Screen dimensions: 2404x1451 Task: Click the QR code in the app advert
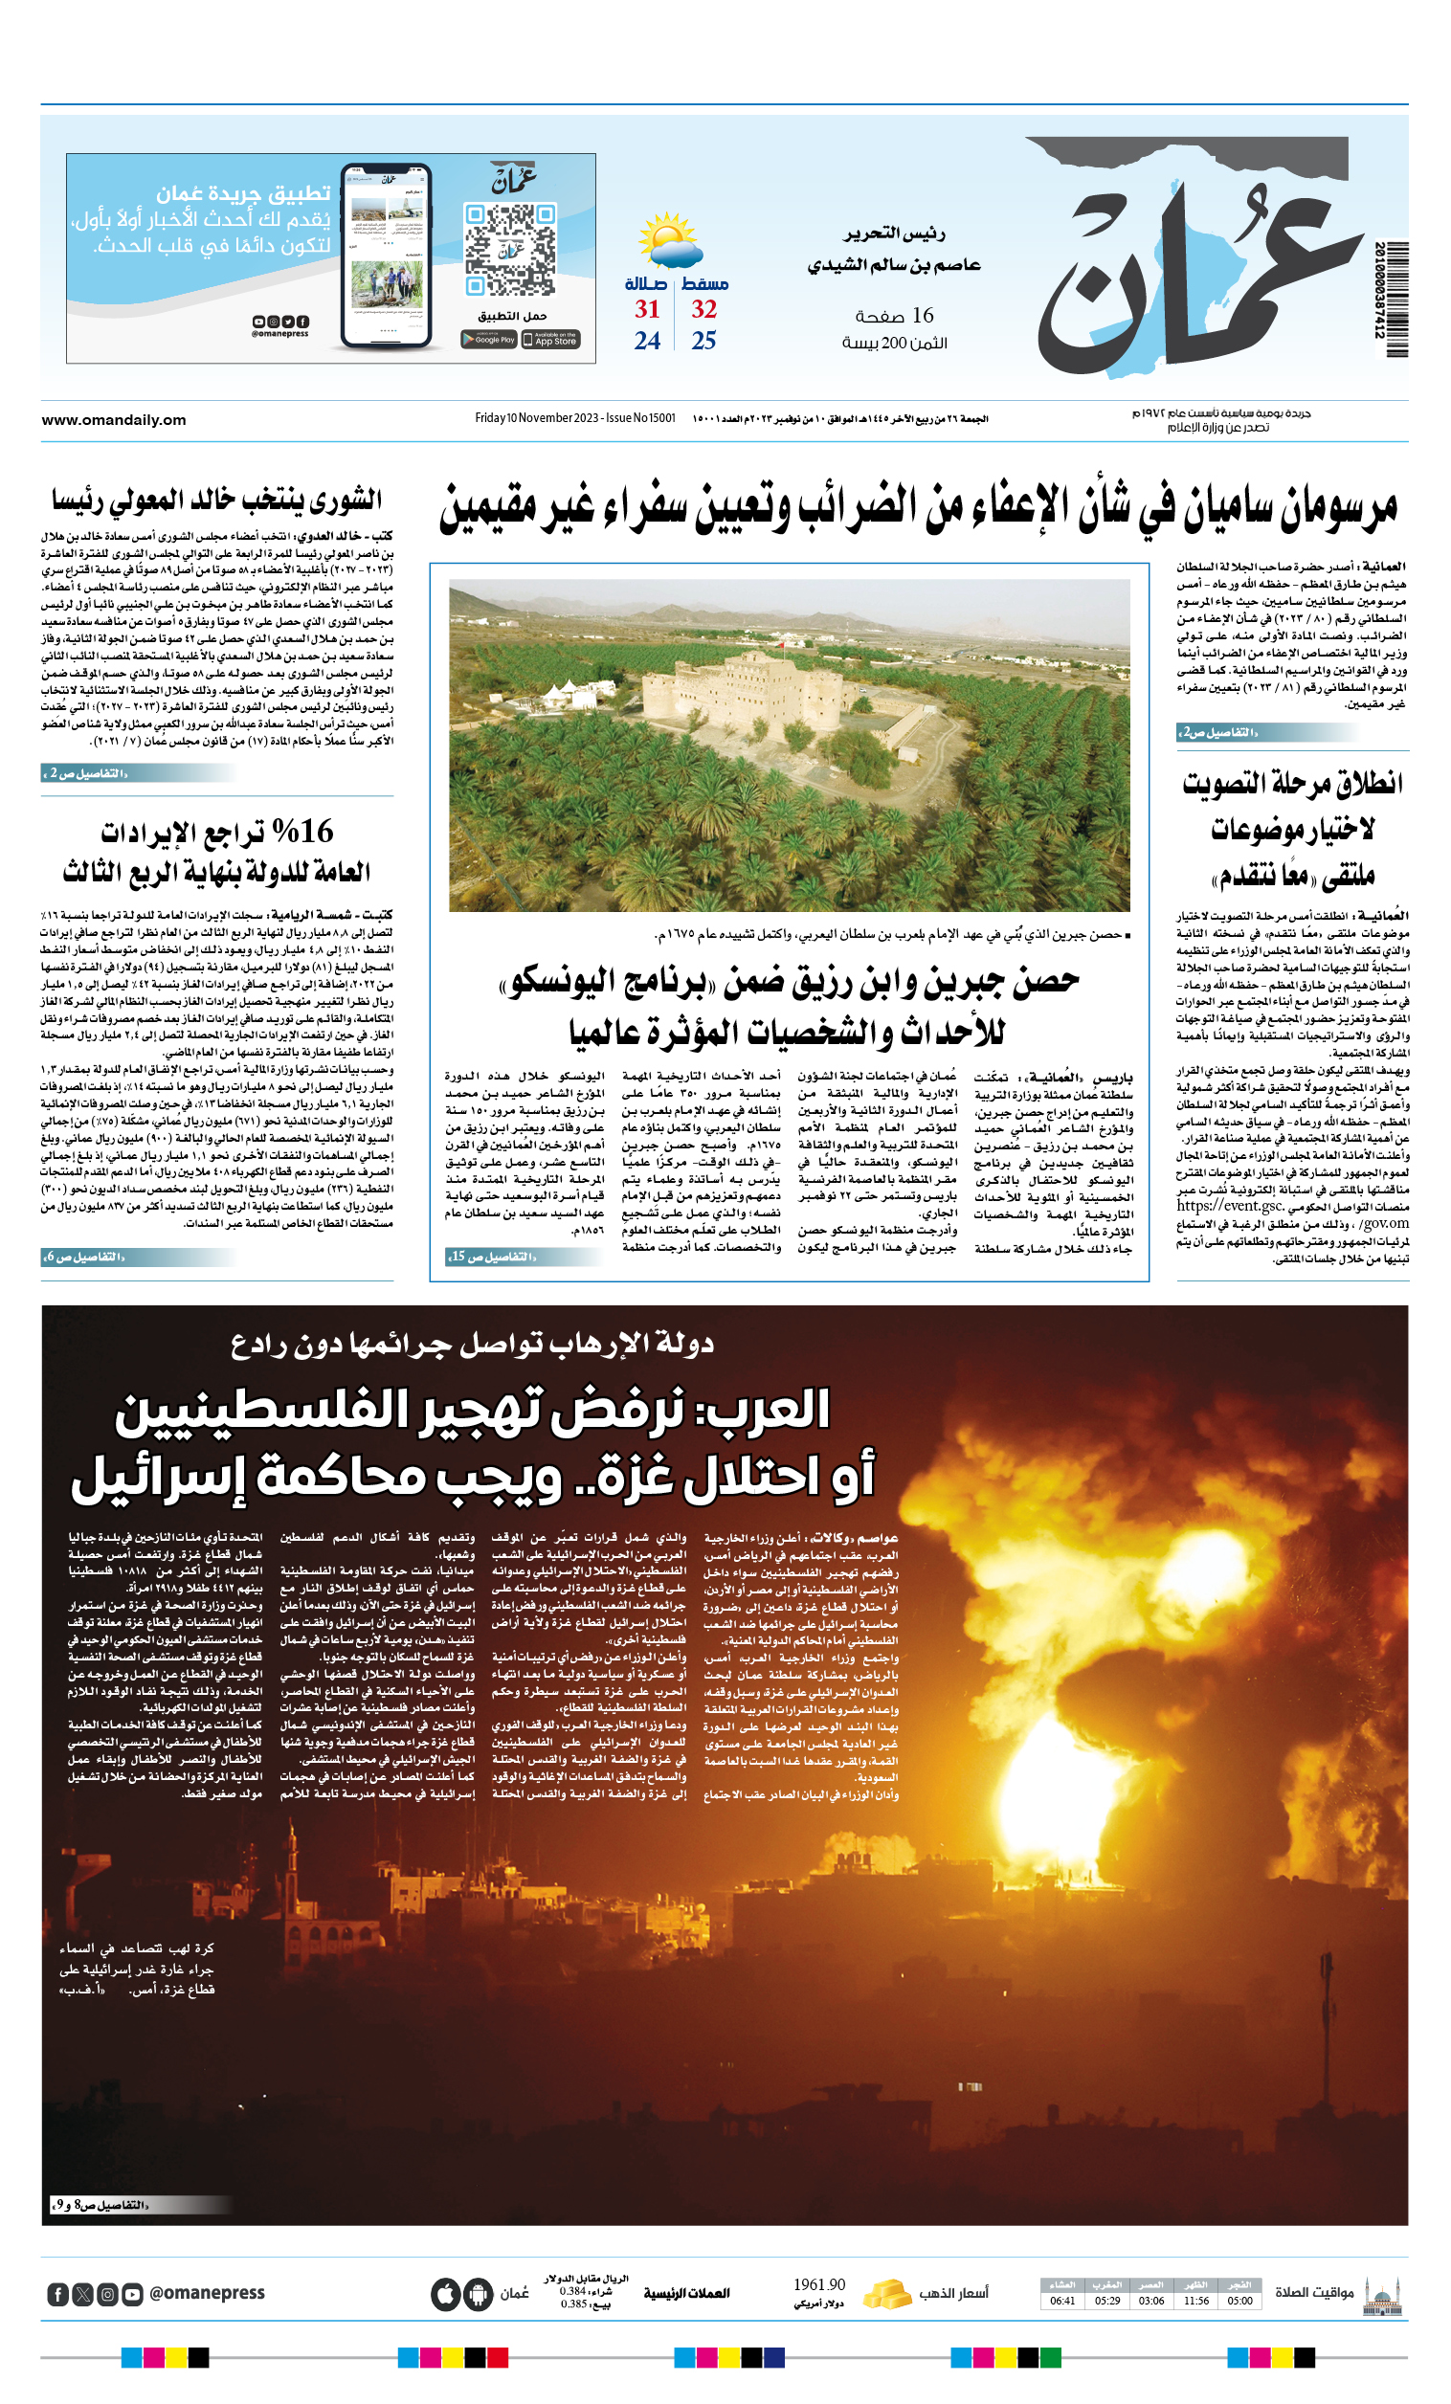click(x=509, y=249)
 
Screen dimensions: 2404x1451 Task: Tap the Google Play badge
click(x=489, y=340)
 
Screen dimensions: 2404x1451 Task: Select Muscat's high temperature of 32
click(x=703, y=309)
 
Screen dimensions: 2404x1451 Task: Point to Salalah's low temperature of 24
click(x=647, y=341)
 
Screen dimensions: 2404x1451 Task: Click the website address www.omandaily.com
click(x=113, y=420)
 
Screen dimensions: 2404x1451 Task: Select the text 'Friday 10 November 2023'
click(x=537, y=418)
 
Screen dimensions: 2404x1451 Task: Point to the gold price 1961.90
click(x=818, y=2285)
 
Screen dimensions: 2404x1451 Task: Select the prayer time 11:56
click(x=1195, y=2301)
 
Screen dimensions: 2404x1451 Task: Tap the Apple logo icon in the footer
click(x=446, y=2294)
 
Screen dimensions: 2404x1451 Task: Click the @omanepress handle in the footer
click(x=207, y=2294)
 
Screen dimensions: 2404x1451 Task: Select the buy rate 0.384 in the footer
click(x=572, y=2291)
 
